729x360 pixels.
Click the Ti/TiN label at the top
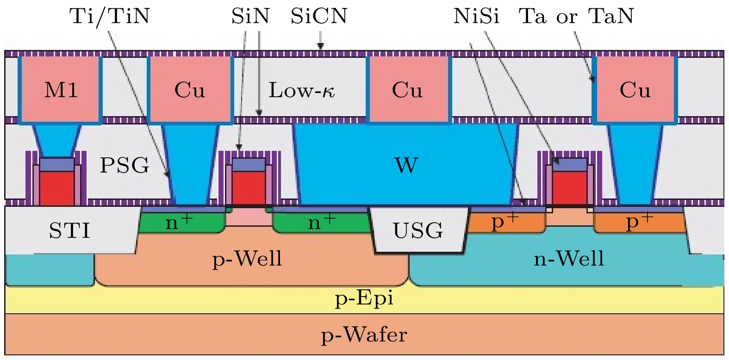coord(110,17)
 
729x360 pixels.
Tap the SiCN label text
coord(319,17)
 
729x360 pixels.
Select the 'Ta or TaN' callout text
coord(576,17)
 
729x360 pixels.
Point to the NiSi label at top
coord(476,17)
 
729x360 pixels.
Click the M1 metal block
coord(61,90)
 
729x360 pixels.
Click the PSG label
coord(125,165)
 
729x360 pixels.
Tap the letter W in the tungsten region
coord(406,165)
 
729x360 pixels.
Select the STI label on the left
coord(69,230)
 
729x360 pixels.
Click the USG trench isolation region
coord(417,230)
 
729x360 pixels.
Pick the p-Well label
coord(247,259)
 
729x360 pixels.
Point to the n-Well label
coord(569,259)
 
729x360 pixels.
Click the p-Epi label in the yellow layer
coord(364,298)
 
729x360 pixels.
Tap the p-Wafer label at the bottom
coord(364,335)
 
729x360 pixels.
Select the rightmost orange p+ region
coord(639,223)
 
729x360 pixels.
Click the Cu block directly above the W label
coord(408,90)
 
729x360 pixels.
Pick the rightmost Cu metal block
coord(635,90)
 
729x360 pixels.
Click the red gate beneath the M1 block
coord(56,188)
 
